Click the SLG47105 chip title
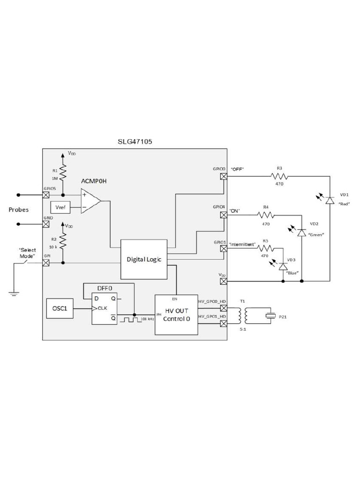135,141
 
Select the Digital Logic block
144,259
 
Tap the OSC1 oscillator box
60,308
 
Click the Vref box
60,207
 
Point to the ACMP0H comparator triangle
90,201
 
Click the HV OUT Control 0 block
176,315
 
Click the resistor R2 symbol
63,242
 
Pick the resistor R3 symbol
279,176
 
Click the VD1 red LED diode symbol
330,200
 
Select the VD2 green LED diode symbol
301,232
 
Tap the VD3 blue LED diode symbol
283,266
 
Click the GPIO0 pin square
224,176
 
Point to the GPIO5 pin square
46,195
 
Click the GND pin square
46,224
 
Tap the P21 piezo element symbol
270,316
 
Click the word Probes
19,210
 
